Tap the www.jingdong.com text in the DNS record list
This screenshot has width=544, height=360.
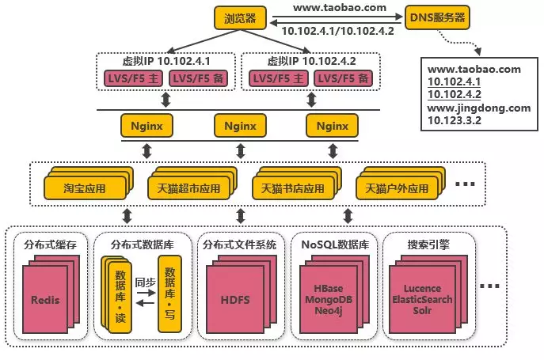pyautogui.click(x=476, y=108)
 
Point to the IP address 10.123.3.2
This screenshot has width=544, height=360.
pyautogui.click(x=455, y=120)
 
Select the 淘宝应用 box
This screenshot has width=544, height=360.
pyautogui.click(x=84, y=189)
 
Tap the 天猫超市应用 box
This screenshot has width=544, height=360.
pyautogui.click(x=187, y=189)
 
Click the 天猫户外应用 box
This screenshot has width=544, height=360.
pyautogui.click(x=396, y=189)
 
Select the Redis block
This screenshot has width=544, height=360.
pyautogui.click(x=45, y=300)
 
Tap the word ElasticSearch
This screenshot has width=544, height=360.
pyautogui.click(x=421, y=300)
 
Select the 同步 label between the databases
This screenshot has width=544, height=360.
pyautogui.click(x=145, y=281)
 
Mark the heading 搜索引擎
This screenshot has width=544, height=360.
pyautogui.click(x=421, y=244)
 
